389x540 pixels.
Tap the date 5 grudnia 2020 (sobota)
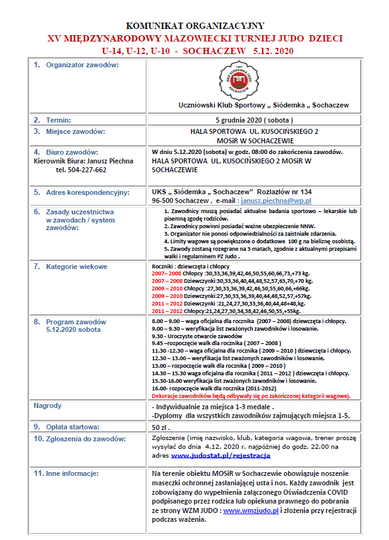[x=255, y=119]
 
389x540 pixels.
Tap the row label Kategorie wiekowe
[x=76, y=267]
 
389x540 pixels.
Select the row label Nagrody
[x=48, y=406]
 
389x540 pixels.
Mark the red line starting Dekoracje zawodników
[x=251, y=396]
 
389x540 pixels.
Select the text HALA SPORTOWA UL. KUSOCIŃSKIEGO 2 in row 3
[x=255, y=132]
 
